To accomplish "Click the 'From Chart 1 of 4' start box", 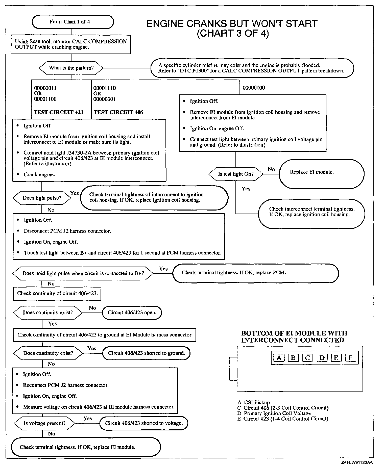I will [73, 22].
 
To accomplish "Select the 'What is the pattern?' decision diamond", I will [71, 68].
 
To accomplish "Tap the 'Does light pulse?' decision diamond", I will [42, 198].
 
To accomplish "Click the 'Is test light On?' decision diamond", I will [235, 174].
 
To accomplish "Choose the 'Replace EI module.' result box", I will [321, 174].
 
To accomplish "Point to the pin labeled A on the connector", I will [279, 358].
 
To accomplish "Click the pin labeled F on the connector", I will [350, 358].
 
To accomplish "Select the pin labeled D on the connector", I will [322, 358].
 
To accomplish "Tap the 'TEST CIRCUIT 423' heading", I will [59, 112].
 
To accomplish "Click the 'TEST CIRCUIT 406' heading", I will [118, 112].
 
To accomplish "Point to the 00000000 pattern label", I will [254, 88].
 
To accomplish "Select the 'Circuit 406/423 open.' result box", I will [132, 313].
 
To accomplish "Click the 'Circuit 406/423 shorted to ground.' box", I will [146, 353].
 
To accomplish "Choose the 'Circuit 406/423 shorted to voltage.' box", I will [144, 423].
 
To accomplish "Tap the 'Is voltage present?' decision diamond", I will [44, 423].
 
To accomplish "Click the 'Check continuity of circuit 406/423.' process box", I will [57, 293].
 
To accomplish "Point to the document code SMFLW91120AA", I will [356, 462].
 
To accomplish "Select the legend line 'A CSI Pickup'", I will [254, 402].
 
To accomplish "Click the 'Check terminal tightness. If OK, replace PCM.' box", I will [255, 273].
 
